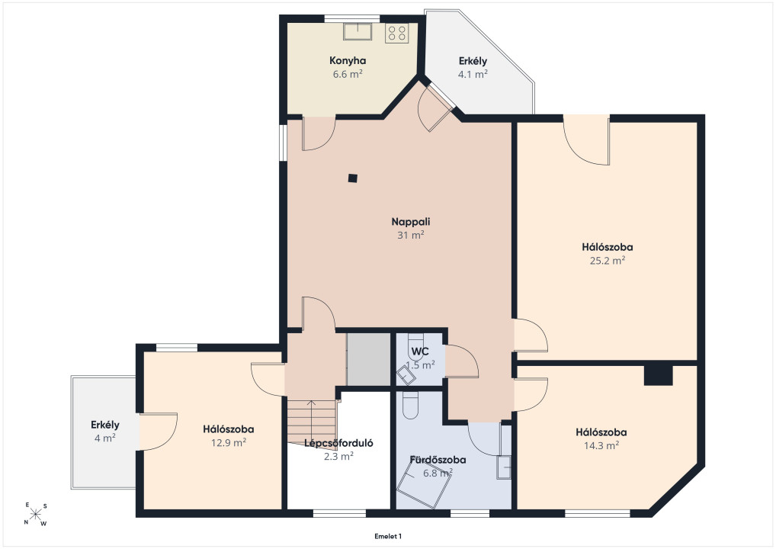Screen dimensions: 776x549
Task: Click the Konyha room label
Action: click(x=348, y=61)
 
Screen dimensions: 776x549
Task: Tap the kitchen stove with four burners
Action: click(x=397, y=33)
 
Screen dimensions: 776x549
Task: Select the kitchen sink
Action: click(x=358, y=31)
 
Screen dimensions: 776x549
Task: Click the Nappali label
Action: click(x=411, y=222)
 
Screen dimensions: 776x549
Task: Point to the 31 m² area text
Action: click(x=411, y=235)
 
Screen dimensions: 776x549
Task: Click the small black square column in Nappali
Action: click(x=352, y=178)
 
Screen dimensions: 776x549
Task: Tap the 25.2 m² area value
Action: click(x=608, y=260)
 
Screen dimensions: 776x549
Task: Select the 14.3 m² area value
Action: click(x=601, y=445)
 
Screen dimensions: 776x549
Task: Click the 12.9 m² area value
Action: click(x=229, y=442)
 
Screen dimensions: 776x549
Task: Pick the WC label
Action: click(x=420, y=352)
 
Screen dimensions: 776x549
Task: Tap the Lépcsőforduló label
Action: click(x=338, y=443)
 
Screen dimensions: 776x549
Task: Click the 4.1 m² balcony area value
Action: click(x=473, y=74)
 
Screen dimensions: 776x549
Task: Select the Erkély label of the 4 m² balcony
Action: click(x=105, y=425)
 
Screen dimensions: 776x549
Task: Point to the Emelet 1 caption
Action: click(x=388, y=536)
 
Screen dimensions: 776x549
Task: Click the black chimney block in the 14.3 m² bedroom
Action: click(x=658, y=374)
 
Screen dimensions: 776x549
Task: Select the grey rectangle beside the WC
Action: click(x=369, y=359)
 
